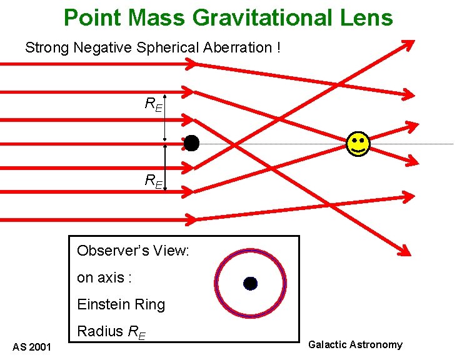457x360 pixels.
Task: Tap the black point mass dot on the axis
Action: pos(192,143)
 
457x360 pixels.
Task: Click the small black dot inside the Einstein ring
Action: pos(250,283)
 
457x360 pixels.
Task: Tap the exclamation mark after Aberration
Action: pos(277,47)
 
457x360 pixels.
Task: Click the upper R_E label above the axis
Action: pos(153,105)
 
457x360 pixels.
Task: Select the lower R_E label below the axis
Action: pos(153,181)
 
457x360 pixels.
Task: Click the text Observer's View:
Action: pos(133,251)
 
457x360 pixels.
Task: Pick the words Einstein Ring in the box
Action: pos(121,305)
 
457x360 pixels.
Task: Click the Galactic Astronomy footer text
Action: pos(356,344)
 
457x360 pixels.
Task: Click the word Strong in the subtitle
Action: pos(45,47)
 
